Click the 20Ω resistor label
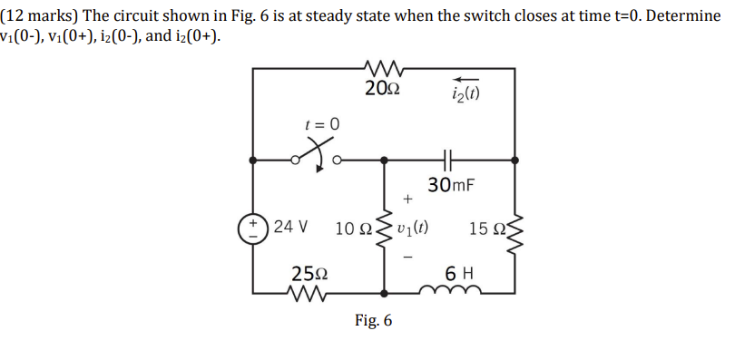[380, 89]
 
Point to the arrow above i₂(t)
[465, 76]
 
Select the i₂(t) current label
[465, 92]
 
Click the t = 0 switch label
[321, 123]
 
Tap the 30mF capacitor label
[451, 186]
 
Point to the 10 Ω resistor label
[354, 227]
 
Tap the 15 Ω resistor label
[486, 227]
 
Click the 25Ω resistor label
[309, 272]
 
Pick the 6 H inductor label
[458, 273]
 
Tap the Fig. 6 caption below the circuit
[374, 321]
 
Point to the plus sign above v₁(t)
[408, 197]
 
